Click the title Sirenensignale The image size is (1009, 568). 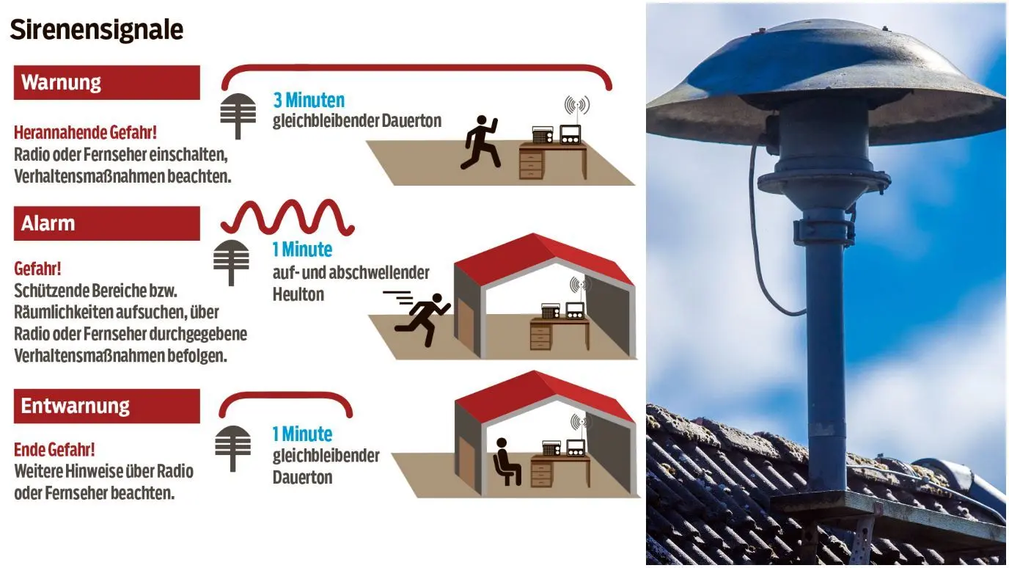(x=96, y=30)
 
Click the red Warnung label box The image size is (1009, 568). (x=107, y=82)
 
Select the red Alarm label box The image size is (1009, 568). (x=107, y=224)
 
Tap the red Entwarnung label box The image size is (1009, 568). (x=107, y=406)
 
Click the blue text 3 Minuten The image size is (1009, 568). (x=309, y=100)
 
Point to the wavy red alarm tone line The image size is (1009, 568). (x=287, y=217)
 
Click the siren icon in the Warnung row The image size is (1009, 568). (x=238, y=116)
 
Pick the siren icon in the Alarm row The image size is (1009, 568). (x=231, y=263)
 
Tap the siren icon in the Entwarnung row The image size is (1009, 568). (x=233, y=448)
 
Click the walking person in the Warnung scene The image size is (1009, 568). (x=481, y=142)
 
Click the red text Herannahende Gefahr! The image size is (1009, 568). (x=86, y=133)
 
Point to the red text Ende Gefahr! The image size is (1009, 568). (x=54, y=450)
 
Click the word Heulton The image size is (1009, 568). (x=298, y=295)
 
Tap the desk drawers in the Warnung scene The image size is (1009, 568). (x=532, y=164)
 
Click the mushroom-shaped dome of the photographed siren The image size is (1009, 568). (x=826, y=81)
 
